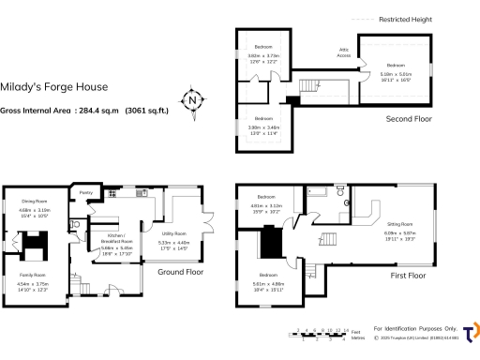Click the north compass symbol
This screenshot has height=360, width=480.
192,99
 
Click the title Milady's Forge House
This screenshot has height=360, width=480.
55,87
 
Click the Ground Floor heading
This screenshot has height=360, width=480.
180,272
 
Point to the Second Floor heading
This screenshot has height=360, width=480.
408,119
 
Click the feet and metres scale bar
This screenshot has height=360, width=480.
322,333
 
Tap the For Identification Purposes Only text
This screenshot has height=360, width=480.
414,329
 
